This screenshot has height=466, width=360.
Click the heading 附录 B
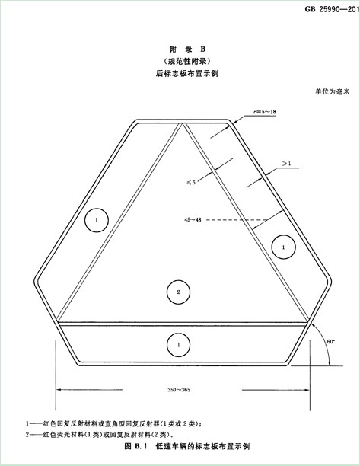coord(187,49)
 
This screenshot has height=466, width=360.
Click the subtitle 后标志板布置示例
coord(187,73)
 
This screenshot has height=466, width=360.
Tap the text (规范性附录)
coord(187,61)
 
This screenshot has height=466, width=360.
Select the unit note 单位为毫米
coord(333,91)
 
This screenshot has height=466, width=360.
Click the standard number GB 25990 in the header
coord(332,9)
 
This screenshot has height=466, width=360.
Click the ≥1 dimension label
coord(286,164)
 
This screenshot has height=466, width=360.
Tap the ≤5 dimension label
coord(191,182)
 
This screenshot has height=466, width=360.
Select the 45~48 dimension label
coord(193,220)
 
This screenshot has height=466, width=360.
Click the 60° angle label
coord(331,342)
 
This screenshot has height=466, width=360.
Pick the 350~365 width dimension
coord(179,390)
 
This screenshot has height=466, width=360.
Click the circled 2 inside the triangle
coord(179,292)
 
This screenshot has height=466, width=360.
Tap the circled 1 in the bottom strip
coord(179,345)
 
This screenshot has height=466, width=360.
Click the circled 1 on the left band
coord(97,220)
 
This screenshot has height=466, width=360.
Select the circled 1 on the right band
coord(283,247)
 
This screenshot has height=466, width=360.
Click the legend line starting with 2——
coord(99,435)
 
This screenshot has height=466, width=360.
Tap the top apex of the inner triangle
coord(182,123)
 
